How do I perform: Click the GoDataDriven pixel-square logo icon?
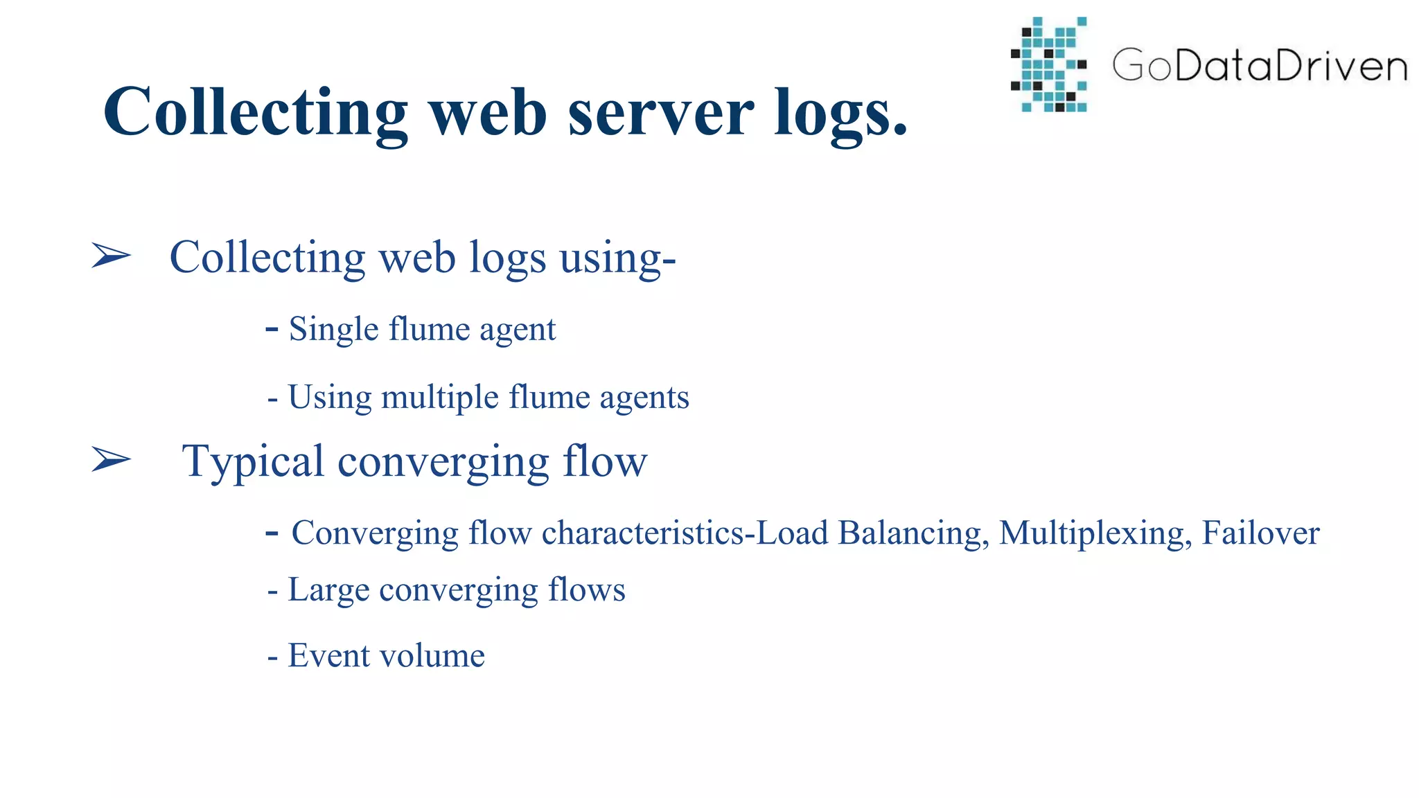click(1048, 64)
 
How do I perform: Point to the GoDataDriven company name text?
click(1260, 66)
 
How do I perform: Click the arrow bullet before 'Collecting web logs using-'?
click(111, 256)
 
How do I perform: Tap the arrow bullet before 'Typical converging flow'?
click(111, 459)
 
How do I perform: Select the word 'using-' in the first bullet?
click(617, 258)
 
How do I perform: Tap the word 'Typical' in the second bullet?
click(252, 462)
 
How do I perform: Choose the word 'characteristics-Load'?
click(684, 533)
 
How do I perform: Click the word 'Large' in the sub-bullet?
click(328, 591)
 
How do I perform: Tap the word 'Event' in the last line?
click(328, 655)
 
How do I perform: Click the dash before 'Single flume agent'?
click(272, 328)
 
